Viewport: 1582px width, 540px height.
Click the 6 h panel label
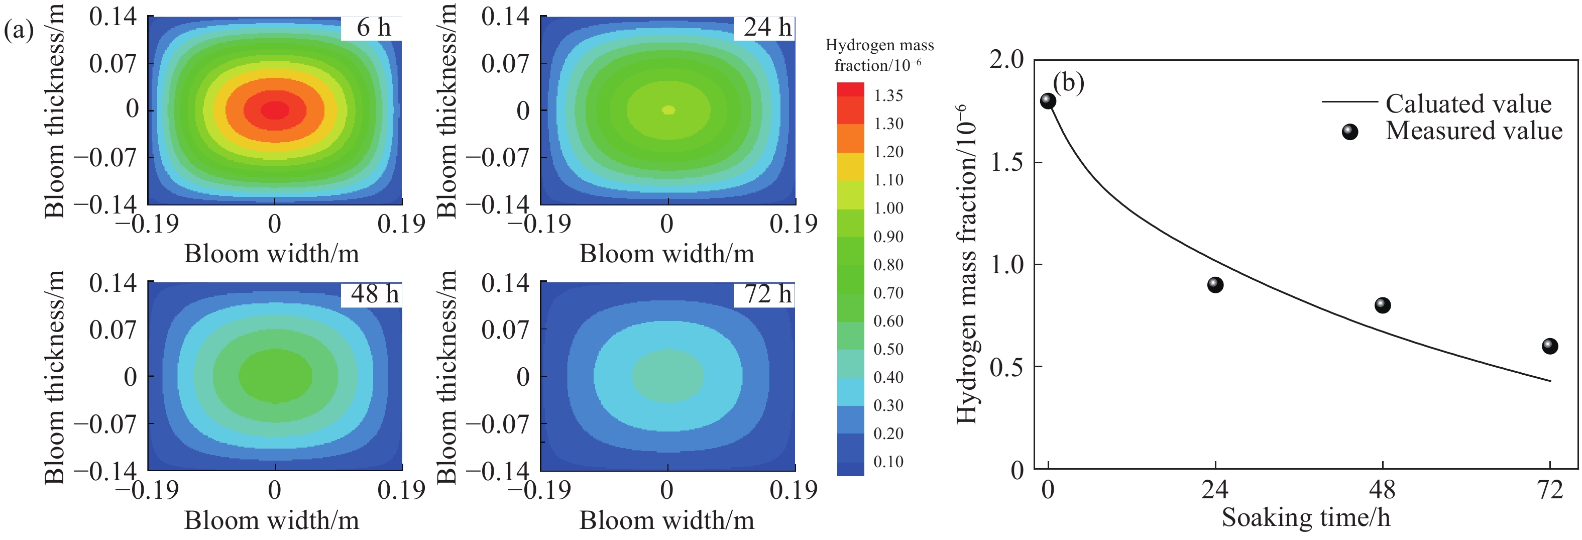[x=373, y=28]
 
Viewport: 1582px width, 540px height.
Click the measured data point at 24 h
[x=1215, y=285]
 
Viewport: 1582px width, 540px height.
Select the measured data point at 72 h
[x=1550, y=347]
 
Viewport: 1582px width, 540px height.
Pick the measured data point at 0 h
[x=1048, y=101]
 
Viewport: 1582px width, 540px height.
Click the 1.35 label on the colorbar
[x=888, y=96]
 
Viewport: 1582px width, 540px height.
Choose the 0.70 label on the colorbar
[x=888, y=293]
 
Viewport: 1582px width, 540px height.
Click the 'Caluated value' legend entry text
[x=1468, y=104]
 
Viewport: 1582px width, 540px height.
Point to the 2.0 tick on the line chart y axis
[x=1006, y=60]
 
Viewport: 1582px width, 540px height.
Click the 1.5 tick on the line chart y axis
[x=1006, y=162]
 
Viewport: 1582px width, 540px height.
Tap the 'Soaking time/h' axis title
[x=1306, y=518]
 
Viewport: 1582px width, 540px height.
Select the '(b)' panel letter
[x=1069, y=82]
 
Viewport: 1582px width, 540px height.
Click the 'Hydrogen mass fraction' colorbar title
[x=879, y=55]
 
